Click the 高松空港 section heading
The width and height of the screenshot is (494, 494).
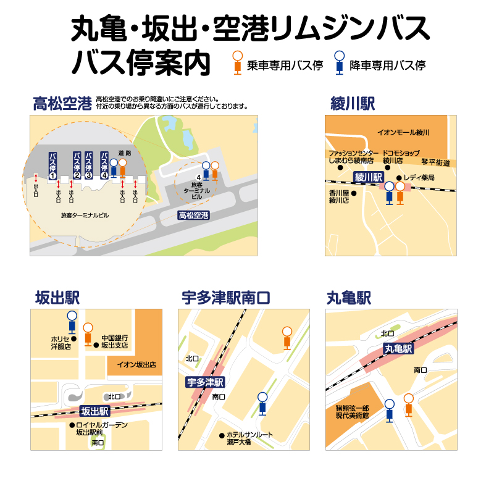[x=62, y=103]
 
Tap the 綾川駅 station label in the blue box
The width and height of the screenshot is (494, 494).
[x=369, y=177]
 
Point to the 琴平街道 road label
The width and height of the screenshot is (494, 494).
[x=436, y=163]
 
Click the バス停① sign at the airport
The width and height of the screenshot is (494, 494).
[x=53, y=165]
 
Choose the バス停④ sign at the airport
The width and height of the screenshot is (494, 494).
[x=104, y=164]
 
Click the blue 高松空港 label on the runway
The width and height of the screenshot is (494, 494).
[x=193, y=216]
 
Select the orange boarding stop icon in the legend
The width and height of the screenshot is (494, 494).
[x=237, y=62]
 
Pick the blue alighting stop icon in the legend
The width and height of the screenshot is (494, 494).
[x=339, y=62]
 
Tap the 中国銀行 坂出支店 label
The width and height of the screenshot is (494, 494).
[x=115, y=341]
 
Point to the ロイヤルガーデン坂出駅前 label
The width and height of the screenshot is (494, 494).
[x=101, y=429]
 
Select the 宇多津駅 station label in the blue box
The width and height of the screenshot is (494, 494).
[x=206, y=382]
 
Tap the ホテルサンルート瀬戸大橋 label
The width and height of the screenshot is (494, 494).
[x=249, y=438]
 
